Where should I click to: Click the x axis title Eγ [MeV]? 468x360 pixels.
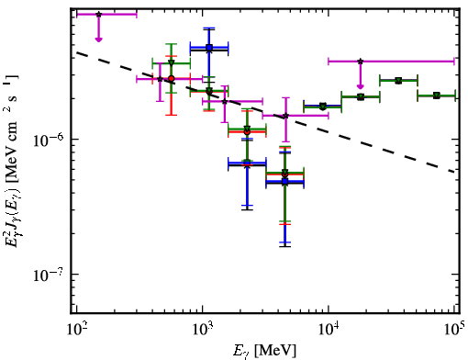[264, 351]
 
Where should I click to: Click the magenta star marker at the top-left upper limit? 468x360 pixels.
[98, 15]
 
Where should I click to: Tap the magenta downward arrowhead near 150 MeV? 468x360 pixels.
[98, 39]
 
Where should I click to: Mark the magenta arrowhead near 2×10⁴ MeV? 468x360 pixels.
[361, 86]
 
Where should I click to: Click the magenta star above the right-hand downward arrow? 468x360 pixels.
[361, 62]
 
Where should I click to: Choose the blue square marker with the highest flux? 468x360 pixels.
[209, 48]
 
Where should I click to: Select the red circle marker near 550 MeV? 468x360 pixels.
[172, 78]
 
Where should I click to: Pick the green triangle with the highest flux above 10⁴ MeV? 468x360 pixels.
[398, 81]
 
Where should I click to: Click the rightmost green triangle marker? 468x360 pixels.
[437, 96]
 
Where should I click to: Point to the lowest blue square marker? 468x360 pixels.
[285, 182]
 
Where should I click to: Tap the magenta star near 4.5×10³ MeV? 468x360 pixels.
[285, 116]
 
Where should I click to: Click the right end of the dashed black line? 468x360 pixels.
[454, 172]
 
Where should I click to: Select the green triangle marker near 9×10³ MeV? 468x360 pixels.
[323, 107]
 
